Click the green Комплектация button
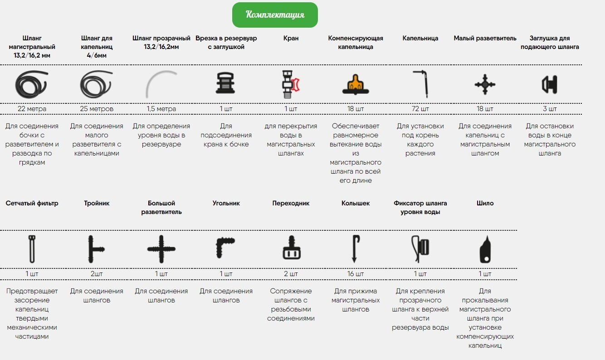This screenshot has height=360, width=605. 275,15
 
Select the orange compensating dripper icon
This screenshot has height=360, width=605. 356,83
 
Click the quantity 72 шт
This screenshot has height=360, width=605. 420,109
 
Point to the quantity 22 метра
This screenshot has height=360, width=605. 32,109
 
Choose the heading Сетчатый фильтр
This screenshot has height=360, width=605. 32,203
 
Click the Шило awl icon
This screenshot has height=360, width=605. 485,249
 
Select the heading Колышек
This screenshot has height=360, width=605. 356,203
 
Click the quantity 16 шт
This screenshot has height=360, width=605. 356,274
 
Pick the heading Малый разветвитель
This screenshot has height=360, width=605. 485,38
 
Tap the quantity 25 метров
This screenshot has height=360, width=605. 97,109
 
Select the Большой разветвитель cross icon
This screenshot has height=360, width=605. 161,249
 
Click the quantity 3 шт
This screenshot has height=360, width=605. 550,109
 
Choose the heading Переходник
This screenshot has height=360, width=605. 291,203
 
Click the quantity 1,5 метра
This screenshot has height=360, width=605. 161,109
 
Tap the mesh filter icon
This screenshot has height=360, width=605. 32,249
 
